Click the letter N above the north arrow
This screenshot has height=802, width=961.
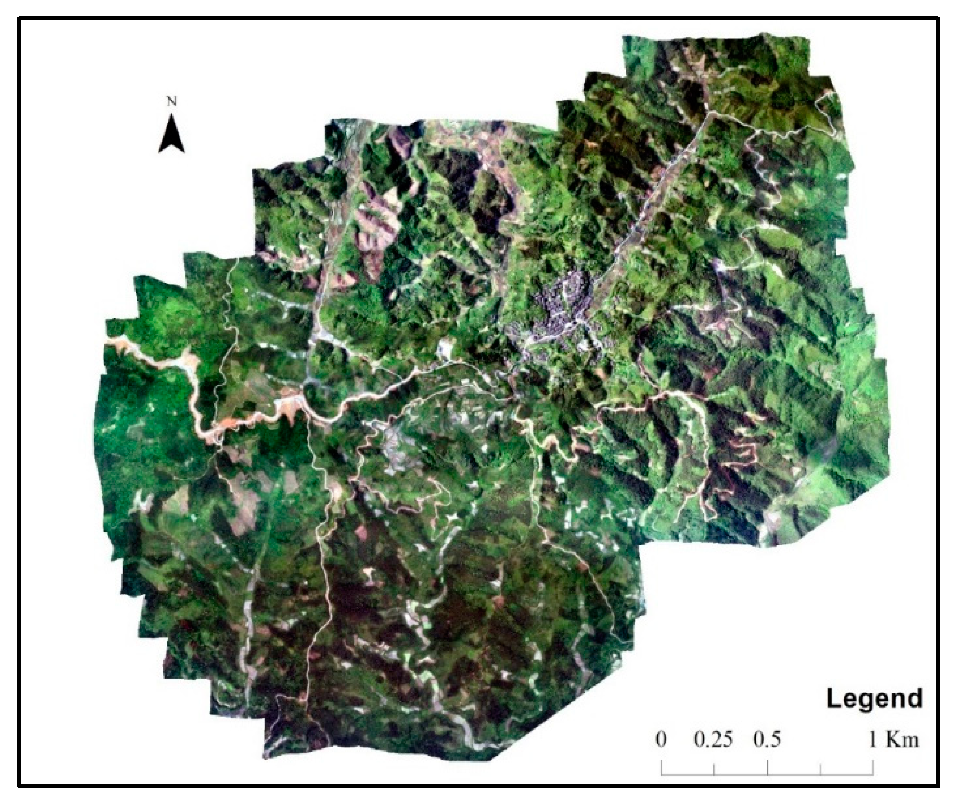coord(171,102)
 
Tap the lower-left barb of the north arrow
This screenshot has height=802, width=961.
coord(160,151)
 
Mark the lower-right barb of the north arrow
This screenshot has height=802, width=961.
coord(183,151)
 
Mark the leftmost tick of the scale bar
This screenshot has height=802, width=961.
coord(662,767)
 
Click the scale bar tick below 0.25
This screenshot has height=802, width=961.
coord(714,769)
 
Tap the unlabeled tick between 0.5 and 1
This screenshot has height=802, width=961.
coord(820,769)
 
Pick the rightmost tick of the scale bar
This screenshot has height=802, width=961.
coord(873,767)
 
